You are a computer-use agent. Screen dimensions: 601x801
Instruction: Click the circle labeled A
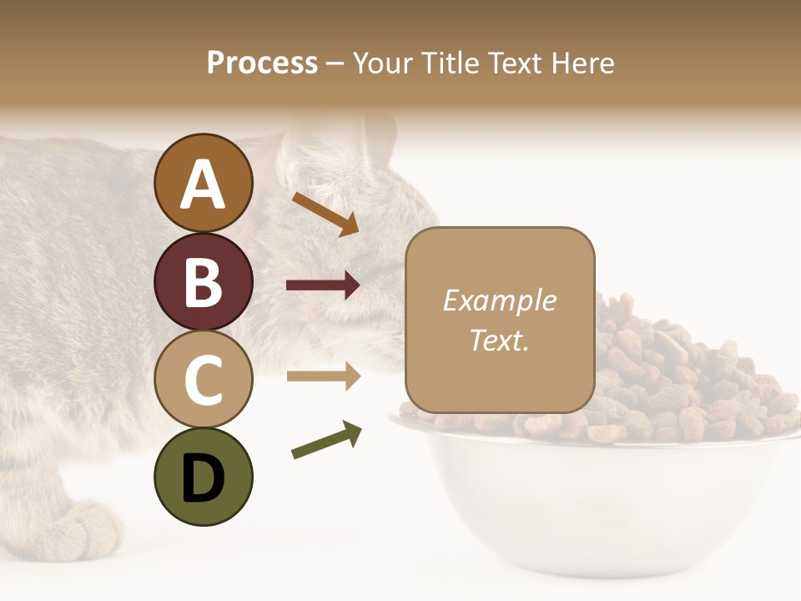point(204,183)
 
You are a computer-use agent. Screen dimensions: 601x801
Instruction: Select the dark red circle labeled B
point(204,281)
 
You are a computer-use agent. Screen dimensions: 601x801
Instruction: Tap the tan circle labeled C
point(204,379)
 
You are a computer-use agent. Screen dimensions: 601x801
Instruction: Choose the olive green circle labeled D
point(204,477)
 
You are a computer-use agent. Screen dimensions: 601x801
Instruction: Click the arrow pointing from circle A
point(325,214)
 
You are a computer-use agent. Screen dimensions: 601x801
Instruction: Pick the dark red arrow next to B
point(323,285)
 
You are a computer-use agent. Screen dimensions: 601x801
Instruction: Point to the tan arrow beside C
point(323,376)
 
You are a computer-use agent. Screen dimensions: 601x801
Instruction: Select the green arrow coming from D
point(326,440)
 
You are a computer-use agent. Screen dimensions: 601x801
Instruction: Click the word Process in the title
point(262,63)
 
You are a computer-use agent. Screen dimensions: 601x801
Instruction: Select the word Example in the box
point(500,300)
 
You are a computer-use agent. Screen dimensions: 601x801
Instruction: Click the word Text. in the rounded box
point(500,341)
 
